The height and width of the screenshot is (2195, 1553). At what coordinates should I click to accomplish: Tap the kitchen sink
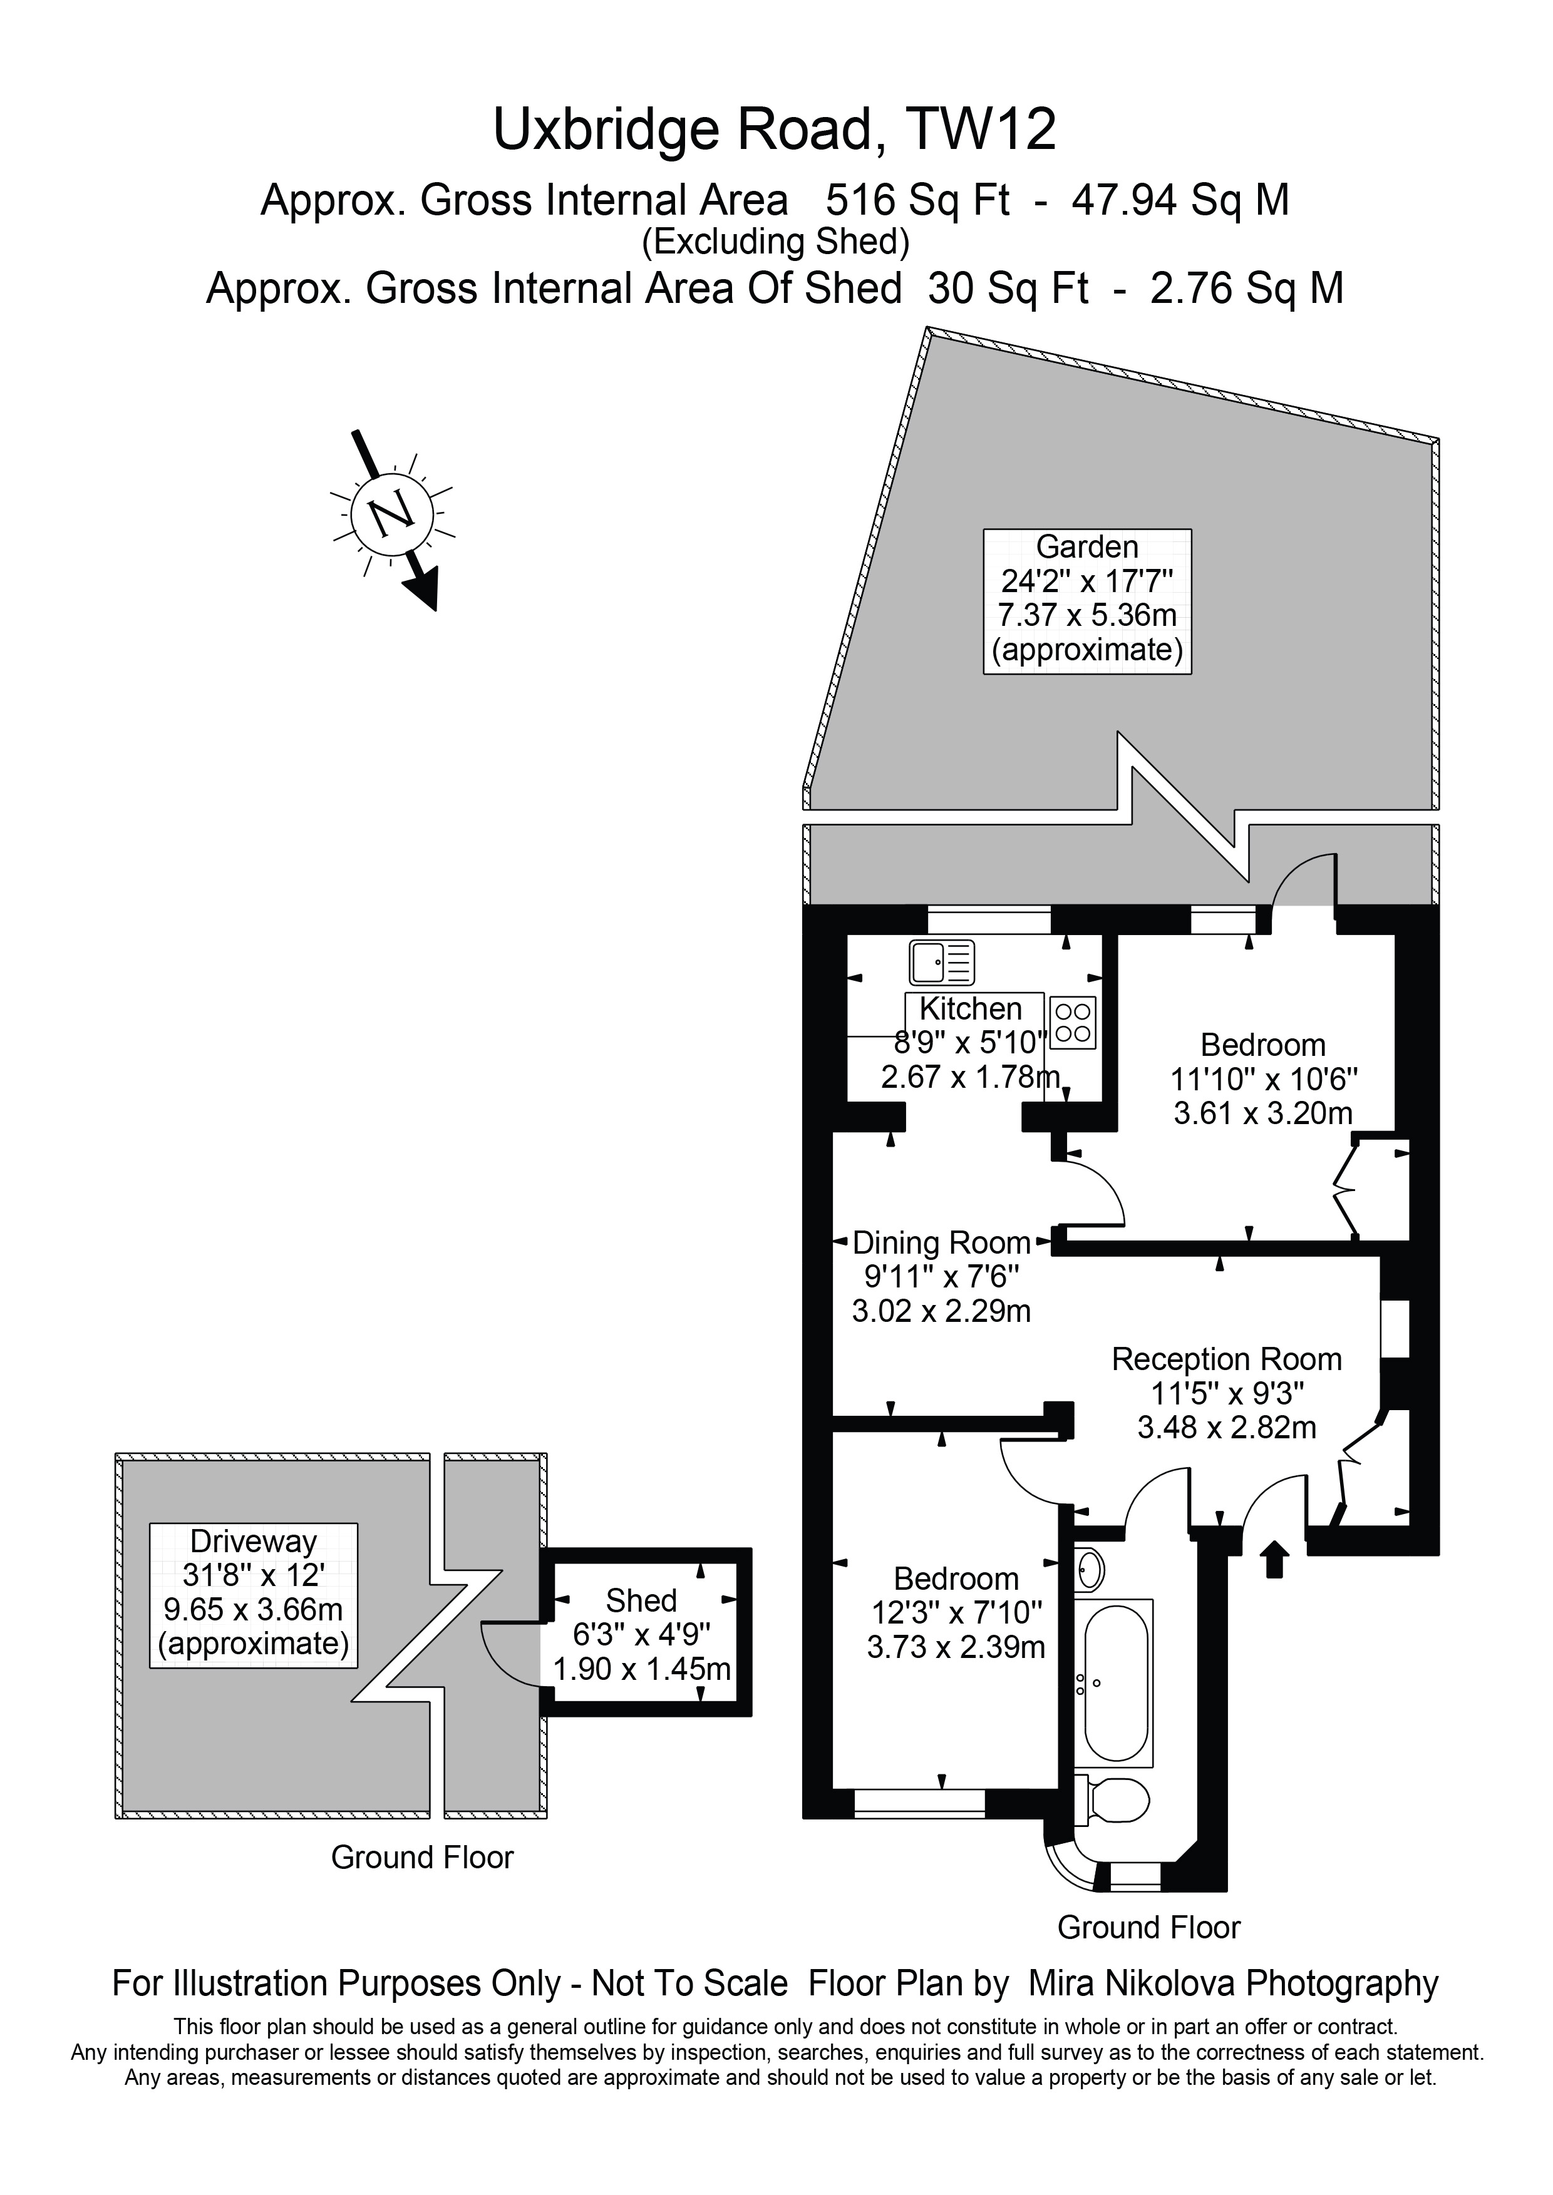942,962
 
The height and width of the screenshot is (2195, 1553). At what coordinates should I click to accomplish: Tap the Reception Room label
1226,1358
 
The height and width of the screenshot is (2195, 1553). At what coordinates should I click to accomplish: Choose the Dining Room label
941,1243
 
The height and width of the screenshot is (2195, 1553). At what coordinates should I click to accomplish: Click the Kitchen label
971,1008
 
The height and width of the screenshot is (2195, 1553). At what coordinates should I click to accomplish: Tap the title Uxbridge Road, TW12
775,130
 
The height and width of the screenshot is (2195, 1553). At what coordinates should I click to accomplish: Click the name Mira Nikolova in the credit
1132,1983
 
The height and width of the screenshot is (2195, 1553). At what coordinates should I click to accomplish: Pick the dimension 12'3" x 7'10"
956,1613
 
